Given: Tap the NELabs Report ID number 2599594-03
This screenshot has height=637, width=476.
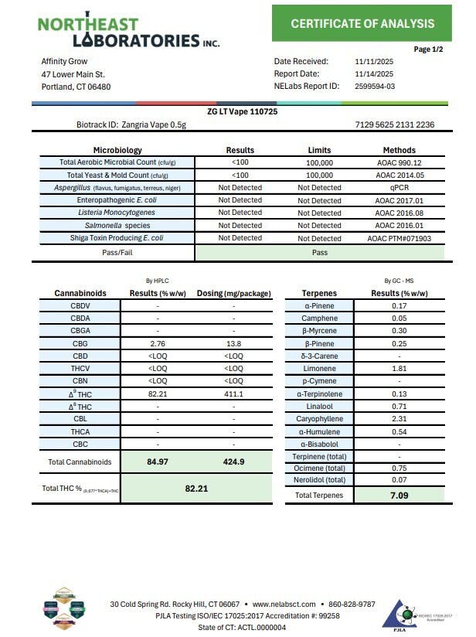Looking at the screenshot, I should pyautogui.click(x=374, y=87).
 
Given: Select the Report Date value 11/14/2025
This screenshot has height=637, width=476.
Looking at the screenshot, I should pyautogui.click(x=374, y=74).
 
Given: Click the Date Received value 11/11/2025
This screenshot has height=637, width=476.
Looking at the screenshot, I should pyautogui.click(x=374, y=62).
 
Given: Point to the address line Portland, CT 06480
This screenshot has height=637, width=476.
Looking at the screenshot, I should pyautogui.click(x=76, y=87).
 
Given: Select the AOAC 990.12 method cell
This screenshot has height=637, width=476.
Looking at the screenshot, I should pyautogui.click(x=399, y=162).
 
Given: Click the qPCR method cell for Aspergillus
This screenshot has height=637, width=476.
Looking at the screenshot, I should pyautogui.click(x=399, y=188).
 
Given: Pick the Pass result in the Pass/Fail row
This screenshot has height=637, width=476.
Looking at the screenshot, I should pyautogui.click(x=319, y=252).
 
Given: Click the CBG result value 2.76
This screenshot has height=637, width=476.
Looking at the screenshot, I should pyautogui.click(x=158, y=342).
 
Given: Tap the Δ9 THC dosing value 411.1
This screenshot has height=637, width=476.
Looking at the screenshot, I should pyautogui.click(x=233, y=393).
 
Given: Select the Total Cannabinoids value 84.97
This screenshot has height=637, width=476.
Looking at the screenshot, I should pyautogui.click(x=158, y=462).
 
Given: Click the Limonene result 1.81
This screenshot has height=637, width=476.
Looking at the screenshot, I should pyautogui.click(x=399, y=368).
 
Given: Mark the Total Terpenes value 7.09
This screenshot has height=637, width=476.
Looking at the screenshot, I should pyautogui.click(x=399, y=495).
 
